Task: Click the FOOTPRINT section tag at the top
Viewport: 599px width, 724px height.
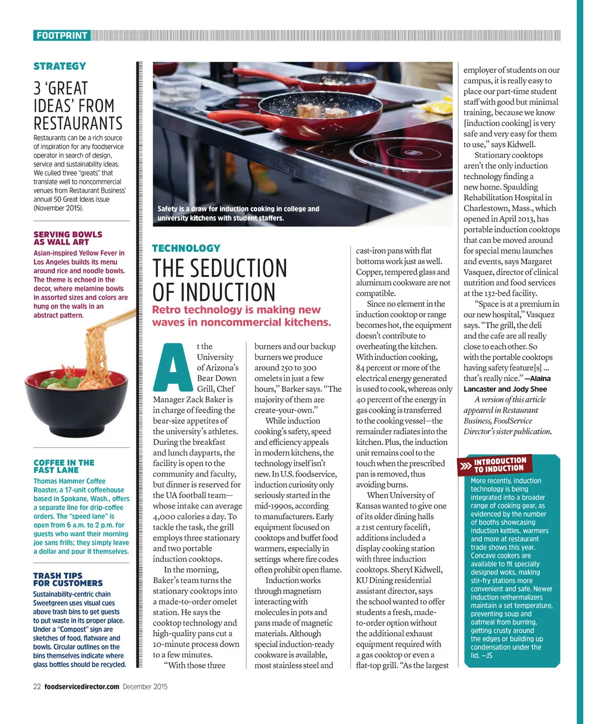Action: [x=61, y=36]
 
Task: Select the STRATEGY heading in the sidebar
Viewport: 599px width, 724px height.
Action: [x=60, y=66]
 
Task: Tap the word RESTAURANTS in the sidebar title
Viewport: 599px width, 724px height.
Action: [x=78, y=124]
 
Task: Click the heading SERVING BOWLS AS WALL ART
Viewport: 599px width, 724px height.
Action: [x=68, y=238]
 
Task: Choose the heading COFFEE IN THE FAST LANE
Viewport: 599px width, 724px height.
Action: [x=64, y=466]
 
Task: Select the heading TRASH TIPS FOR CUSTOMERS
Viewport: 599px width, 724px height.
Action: [x=68, y=579]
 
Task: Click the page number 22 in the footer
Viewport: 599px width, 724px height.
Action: [x=37, y=687]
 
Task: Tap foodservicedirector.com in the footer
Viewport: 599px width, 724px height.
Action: [x=82, y=687]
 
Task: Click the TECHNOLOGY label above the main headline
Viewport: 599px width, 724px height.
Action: [x=186, y=248]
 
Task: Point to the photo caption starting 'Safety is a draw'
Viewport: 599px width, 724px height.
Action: [x=238, y=213]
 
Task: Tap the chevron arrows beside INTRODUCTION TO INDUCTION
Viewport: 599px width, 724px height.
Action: [x=466, y=466]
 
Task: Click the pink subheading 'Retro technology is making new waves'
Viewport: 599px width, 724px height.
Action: [x=241, y=316]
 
